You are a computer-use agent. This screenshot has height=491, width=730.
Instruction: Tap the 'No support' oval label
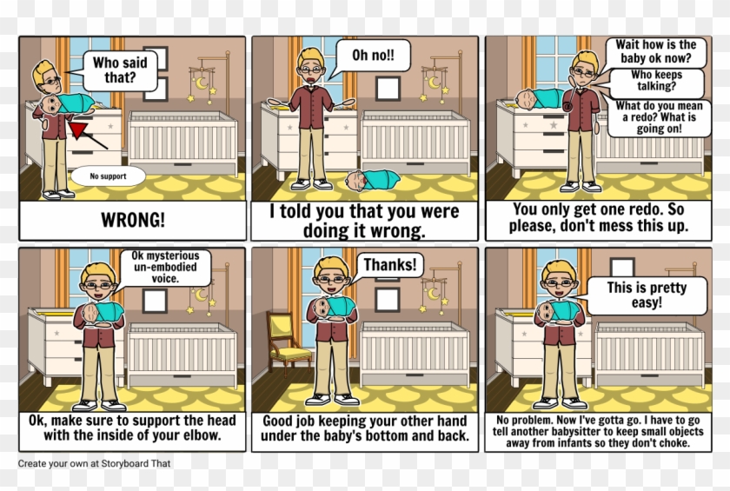(x=108, y=176)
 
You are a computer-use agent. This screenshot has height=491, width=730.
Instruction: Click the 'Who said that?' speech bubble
(x=120, y=70)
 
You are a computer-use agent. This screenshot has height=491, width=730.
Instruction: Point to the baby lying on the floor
(x=372, y=181)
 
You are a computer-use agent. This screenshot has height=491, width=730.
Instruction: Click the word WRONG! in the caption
(x=133, y=220)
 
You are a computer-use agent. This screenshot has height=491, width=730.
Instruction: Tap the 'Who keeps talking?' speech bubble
(x=656, y=81)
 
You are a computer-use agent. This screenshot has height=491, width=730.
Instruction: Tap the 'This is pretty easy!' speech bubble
(x=646, y=295)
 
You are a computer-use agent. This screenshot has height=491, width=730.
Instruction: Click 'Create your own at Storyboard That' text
(x=94, y=463)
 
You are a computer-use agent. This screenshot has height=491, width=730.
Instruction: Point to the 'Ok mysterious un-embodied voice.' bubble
(x=165, y=268)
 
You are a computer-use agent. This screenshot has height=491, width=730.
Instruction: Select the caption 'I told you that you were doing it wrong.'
(x=365, y=221)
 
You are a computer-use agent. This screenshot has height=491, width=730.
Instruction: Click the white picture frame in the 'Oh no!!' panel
(x=388, y=88)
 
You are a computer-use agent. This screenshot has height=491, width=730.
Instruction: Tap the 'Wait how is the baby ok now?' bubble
(x=656, y=50)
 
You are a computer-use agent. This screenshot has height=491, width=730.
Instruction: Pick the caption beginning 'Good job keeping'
(x=365, y=428)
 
